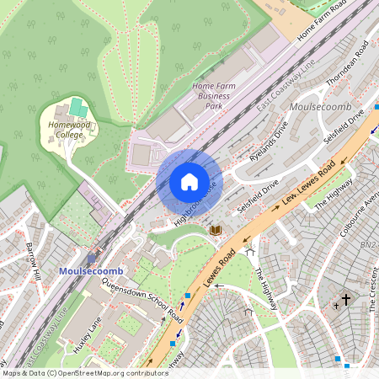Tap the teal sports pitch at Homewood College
click(x=77, y=108)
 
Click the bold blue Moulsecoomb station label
click(x=91, y=271)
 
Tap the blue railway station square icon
click(x=92, y=259)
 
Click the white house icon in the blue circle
click(x=189, y=182)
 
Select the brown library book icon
click(x=216, y=229)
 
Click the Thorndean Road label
click(x=349, y=65)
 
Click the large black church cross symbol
click(x=346, y=299)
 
